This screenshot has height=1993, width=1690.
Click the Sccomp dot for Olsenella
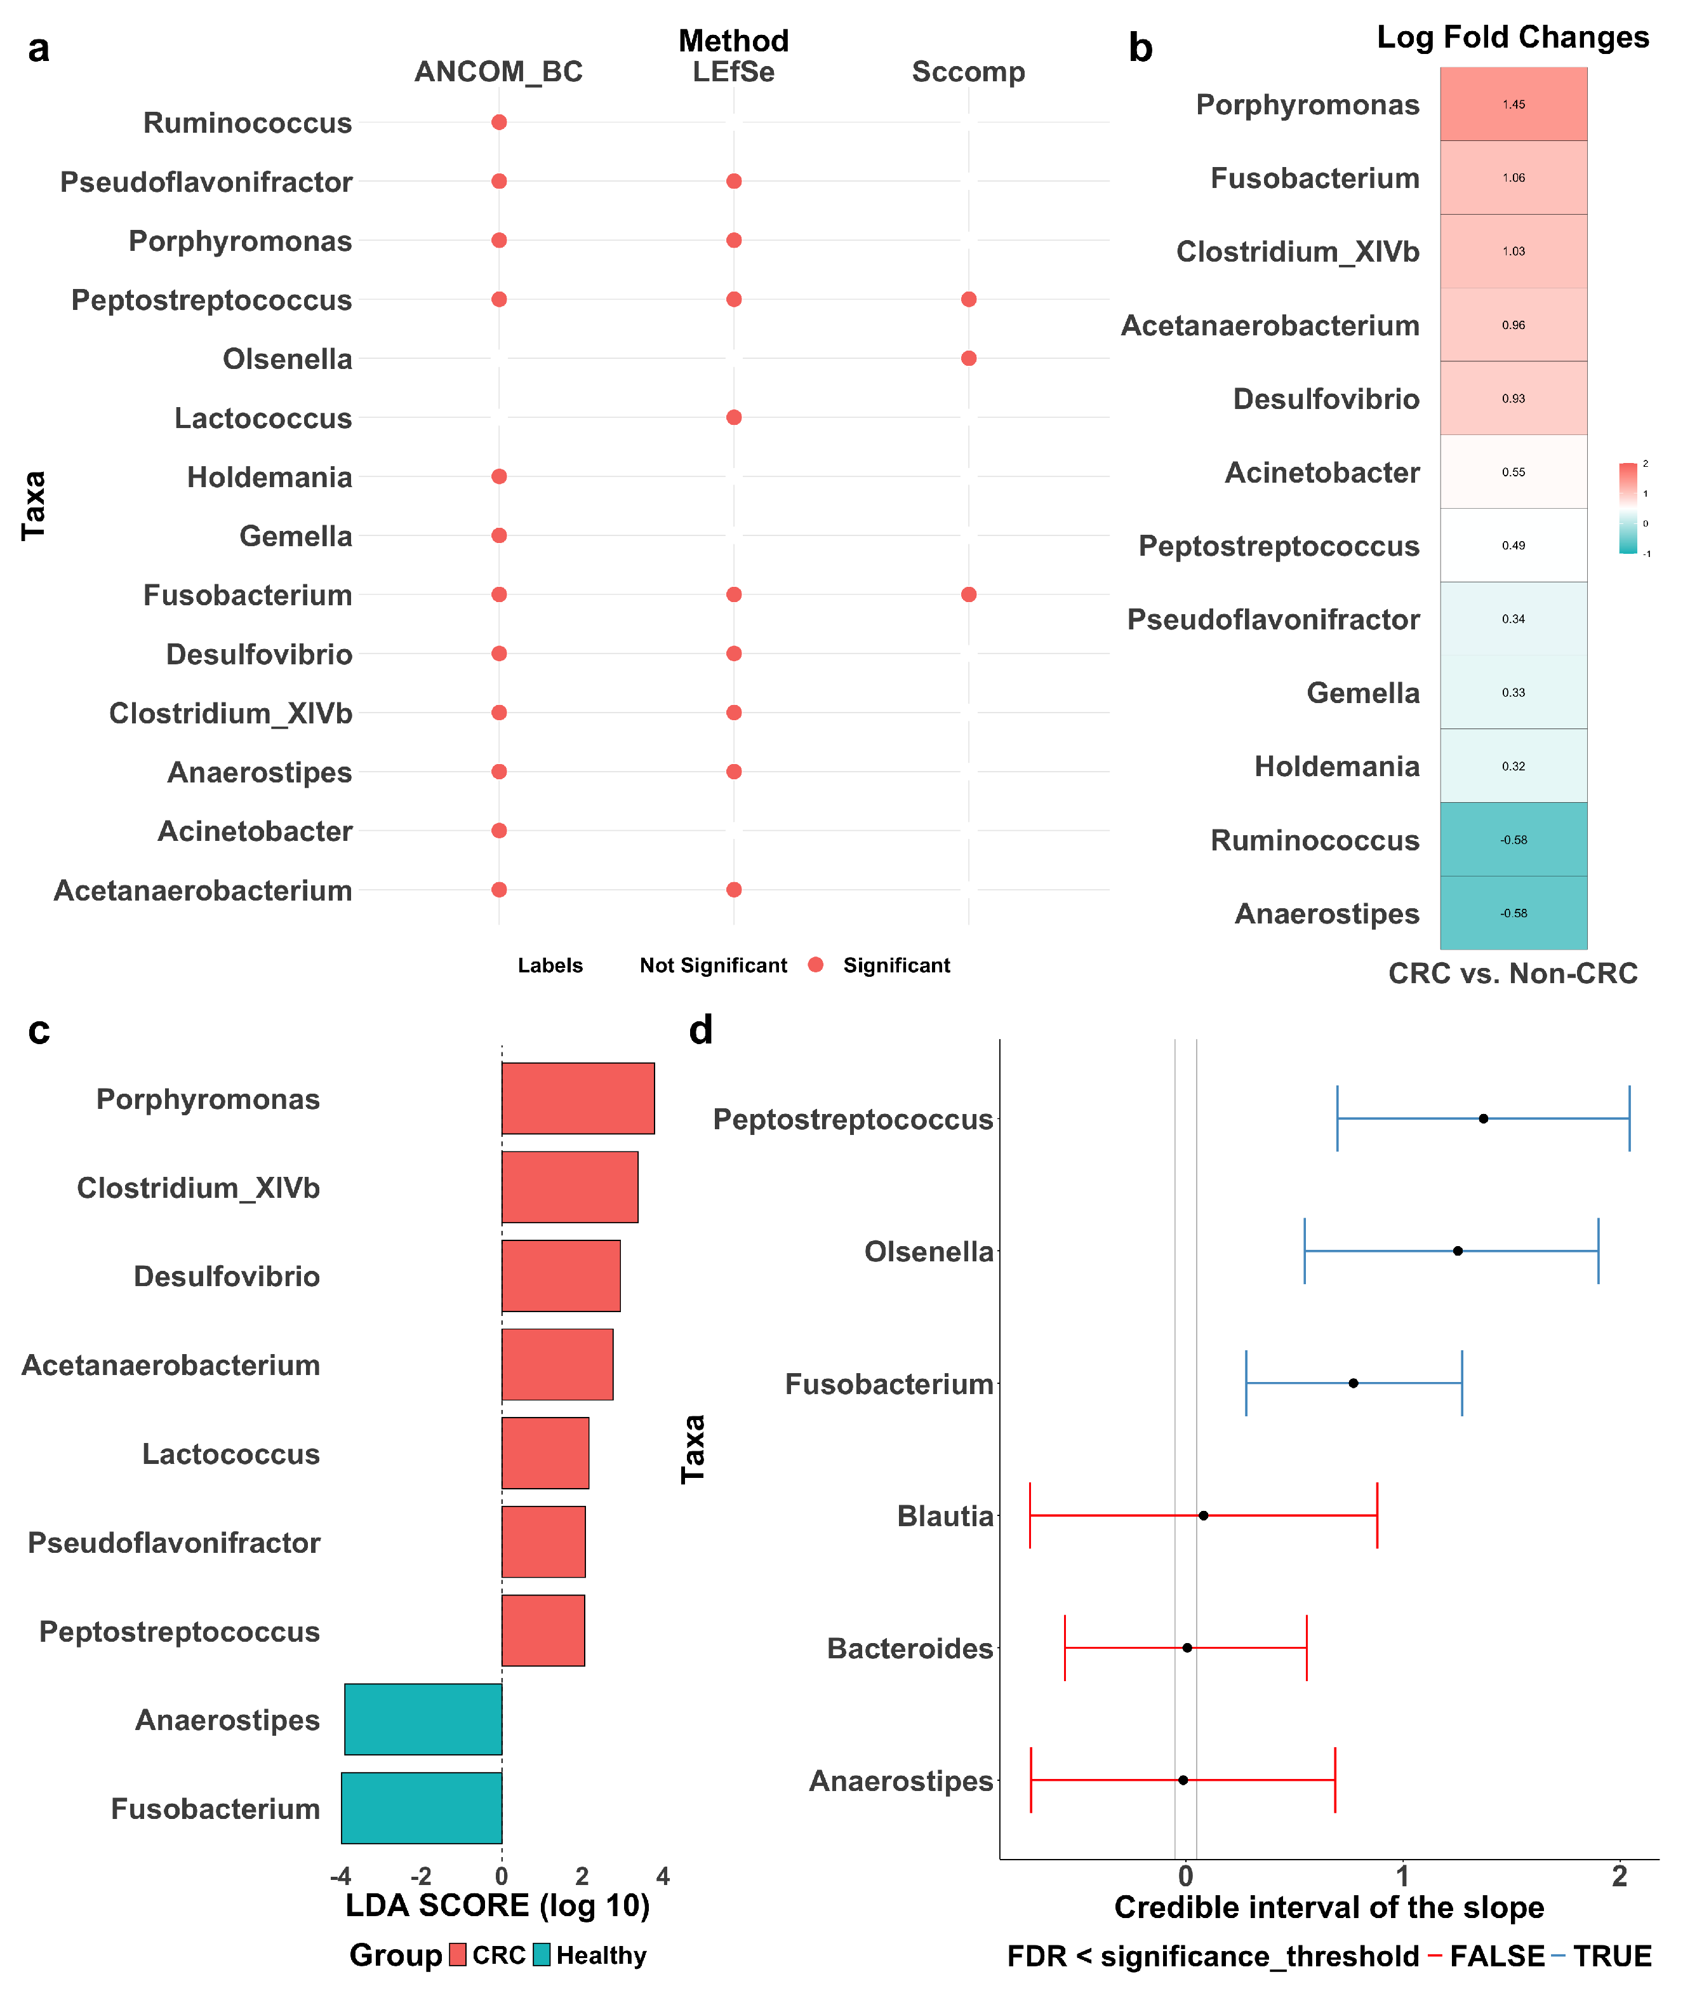click(x=969, y=358)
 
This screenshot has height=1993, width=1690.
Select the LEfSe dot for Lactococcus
click(x=734, y=418)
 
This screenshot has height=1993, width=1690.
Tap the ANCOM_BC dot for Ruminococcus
click(x=499, y=123)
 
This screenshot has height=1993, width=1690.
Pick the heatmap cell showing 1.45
click(x=1513, y=104)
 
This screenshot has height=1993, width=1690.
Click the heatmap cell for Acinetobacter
click(x=1513, y=473)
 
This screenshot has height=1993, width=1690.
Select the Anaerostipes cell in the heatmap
click(x=1513, y=913)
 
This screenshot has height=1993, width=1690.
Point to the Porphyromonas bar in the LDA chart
click(x=578, y=1098)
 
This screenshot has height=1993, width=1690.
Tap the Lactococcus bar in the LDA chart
click(x=545, y=1453)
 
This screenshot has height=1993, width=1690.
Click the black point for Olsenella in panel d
click(x=1457, y=1251)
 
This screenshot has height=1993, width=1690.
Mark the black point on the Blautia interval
click(x=1203, y=1516)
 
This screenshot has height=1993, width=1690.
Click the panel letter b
click(x=1140, y=48)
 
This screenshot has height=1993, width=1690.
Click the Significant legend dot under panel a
click(x=815, y=965)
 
